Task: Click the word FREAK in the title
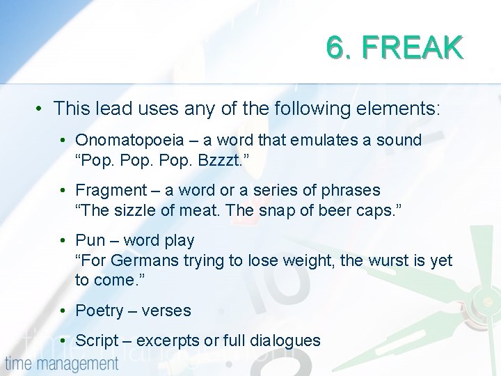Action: coord(413,48)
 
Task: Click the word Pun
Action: coord(90,240)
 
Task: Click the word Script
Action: coord(97,340)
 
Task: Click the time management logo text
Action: coord(62,363)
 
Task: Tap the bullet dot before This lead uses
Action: coord(42,109)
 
